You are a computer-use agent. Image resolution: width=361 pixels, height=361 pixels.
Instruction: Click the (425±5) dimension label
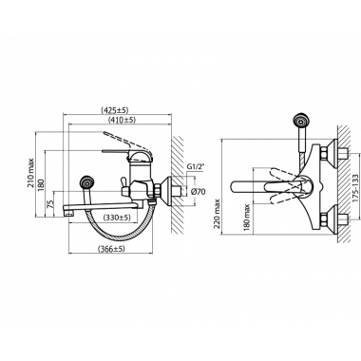pyautogui.click(x=115, y=110)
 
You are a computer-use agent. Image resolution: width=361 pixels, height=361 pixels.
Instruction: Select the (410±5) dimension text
pyautogui.click(x=122, y=120)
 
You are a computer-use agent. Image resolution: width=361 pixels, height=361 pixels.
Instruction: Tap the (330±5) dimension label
pyautogui.click(x=117, y=218)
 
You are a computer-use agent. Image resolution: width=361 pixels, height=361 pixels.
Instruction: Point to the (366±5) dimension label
pyautogui.click(x=111, y=249)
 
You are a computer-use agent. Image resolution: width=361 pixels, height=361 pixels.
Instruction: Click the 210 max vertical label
pyautogui.click(x=30, y=173)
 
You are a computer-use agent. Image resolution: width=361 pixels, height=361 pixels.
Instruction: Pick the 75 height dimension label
pyautogui.click(x=50, y=204)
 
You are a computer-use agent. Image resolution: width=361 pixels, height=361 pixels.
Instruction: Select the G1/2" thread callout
pyautogui.click(x=195, y=166)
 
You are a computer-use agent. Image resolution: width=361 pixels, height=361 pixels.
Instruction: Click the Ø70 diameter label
pyautogui.click(x=199, y=191)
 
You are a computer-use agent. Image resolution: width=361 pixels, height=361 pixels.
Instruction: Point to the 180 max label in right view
pyautogui.click(x=248, y=218)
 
